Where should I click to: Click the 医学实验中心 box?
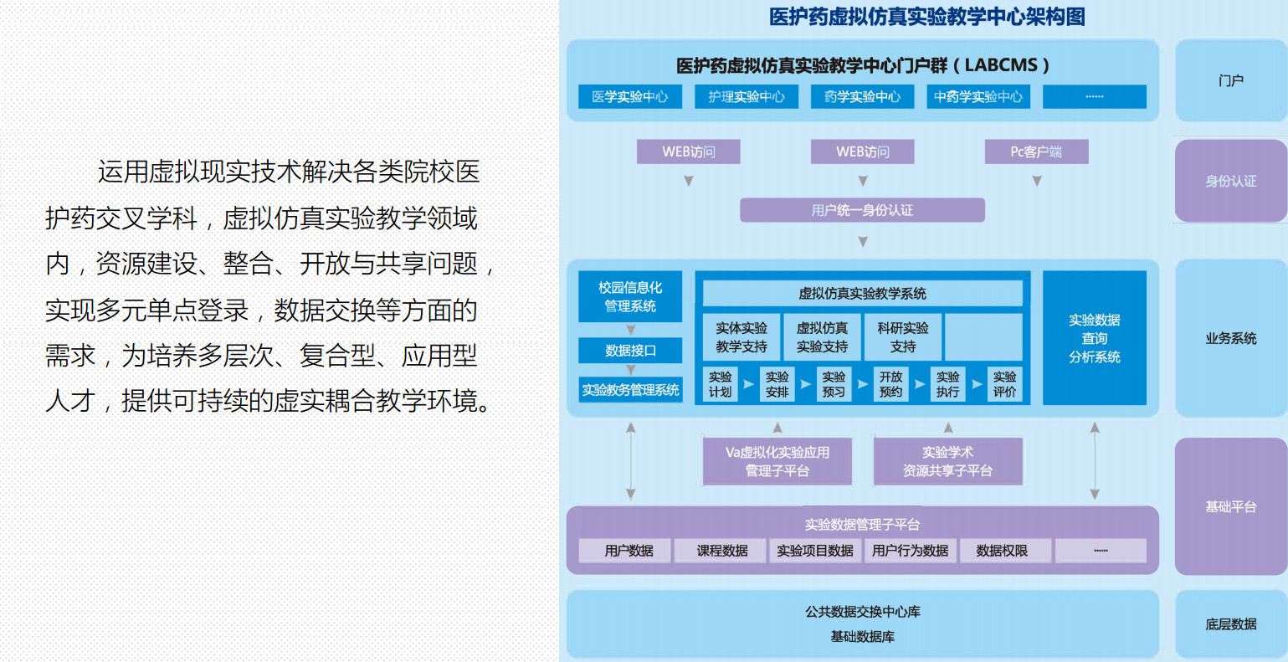pos(629,96)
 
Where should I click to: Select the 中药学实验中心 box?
pos(978,96)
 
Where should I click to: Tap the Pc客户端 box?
pos(1036,151)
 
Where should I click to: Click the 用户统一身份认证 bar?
pos(862,210)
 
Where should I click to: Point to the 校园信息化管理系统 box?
pos(630,296)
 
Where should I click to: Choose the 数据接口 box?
pos(630,351)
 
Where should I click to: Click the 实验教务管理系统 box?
pos(630,390)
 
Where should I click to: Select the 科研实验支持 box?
pos(903,337)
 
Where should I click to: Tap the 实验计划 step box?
pos(720,384)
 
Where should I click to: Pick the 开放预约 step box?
pos(890,384)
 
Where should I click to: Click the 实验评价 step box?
pos(1004,384)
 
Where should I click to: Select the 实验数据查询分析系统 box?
pos(1094,338)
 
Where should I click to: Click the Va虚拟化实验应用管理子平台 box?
pos(777,461)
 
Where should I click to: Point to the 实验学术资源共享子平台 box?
pos(947,461)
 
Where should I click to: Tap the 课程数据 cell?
pos(721,551)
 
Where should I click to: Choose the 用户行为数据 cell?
pos(911,551)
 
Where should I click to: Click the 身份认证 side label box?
pos(1230,181)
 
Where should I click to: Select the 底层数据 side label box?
pos(1230,624)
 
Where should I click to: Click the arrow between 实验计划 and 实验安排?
pos(748,383)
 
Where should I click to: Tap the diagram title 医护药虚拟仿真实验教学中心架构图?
pos(927,17)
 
